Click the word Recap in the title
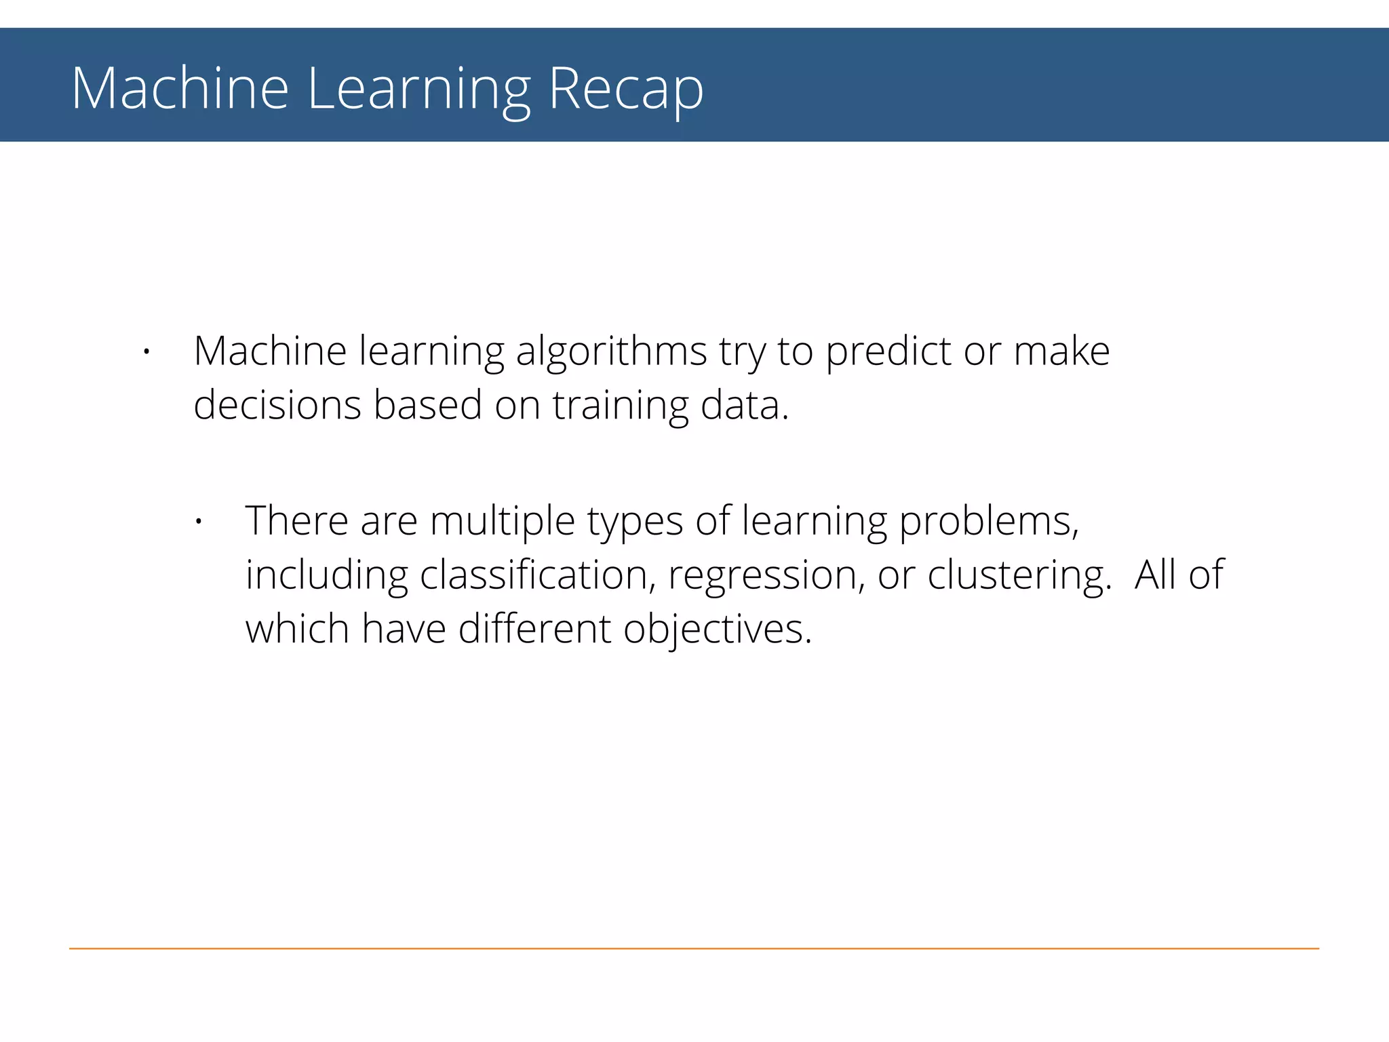click(x=625, y=89)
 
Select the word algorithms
click(x=611, y=352)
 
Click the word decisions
click(x=277, y=405)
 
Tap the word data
click(x=743, y=405)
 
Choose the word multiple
click(x=503, y=522)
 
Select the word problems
click(x=988, y=522)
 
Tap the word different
click(x=534, y=629)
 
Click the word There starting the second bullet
click(x=297, y=521)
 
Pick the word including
click(x=326, y=576)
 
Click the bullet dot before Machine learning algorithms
click(x=146, y=352)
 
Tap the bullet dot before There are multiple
click(x=198, y=522)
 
